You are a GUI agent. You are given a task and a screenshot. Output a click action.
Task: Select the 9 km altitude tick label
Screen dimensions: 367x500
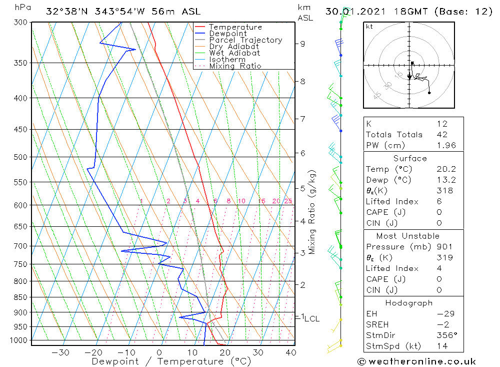pos(302,44)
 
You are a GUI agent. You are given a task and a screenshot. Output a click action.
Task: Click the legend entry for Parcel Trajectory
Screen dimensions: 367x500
pos(245,40)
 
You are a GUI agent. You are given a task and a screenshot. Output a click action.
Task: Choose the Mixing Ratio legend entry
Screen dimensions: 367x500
pos(235,66)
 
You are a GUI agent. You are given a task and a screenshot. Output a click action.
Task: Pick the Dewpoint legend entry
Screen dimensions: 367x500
pos(228,34)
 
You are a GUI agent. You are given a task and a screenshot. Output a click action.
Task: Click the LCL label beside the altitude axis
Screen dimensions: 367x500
pos(312,318)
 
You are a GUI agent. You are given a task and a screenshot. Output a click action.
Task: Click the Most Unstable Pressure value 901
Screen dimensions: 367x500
pos(444,246)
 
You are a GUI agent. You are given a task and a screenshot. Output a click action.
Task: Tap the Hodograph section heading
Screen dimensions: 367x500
pos(409,303)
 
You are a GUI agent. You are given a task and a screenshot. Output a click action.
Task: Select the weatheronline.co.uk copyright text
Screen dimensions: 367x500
pos(416,361)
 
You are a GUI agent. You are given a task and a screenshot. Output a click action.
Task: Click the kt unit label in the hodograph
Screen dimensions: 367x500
pos(369,27)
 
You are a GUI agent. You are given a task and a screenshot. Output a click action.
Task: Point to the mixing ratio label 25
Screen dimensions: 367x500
pos(288,201)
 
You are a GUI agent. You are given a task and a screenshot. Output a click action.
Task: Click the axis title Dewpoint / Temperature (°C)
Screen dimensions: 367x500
pos(171,361)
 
